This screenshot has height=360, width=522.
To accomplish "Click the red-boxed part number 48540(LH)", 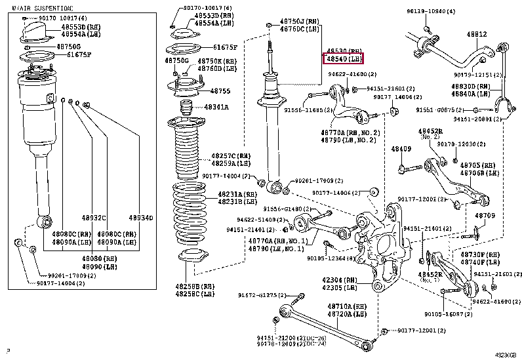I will tap(344, 59).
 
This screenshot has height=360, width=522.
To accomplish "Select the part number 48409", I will tap(401, 149).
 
